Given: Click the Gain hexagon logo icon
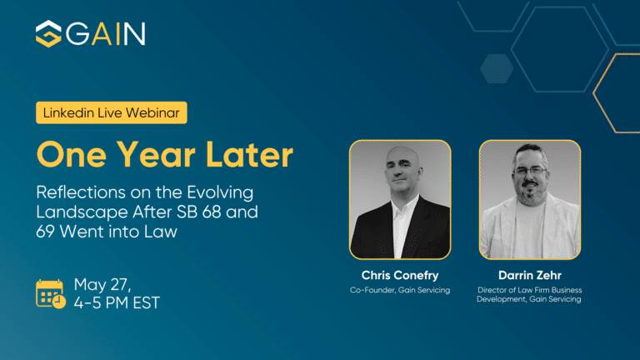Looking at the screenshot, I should click(x=48, y=34).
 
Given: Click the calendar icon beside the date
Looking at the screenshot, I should click(x=51, y=293).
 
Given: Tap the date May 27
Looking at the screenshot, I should click(x=102, y=284).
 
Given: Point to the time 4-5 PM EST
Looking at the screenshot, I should click(x=117, y=302).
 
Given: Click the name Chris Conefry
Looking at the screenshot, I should click(x=400, y=275).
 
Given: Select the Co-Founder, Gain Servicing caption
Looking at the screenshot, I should click(x=400, y=289).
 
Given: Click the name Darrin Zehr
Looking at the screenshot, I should click(x=529, y=275).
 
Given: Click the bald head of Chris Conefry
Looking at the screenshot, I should click(x=397, y=162).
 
